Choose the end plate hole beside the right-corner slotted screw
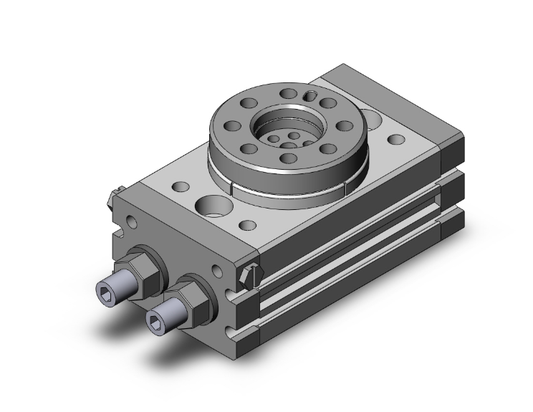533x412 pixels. (217, 271)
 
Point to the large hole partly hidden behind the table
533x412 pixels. (371, 114)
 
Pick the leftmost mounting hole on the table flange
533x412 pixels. (232, 126)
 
